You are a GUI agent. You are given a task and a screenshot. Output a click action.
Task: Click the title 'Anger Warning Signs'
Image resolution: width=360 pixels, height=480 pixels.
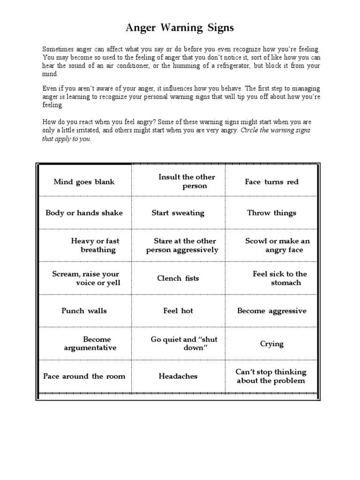click(180, 28)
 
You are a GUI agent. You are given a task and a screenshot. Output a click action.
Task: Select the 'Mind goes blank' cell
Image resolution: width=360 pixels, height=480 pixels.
click(84, 182)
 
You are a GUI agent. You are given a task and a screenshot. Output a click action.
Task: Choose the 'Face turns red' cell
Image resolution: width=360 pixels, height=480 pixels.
click(271, 182)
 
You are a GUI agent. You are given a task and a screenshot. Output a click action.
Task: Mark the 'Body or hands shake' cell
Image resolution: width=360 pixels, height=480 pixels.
click(84, 213)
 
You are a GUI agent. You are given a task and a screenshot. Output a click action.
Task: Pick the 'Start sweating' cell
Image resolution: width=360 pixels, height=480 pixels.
click(178, 213)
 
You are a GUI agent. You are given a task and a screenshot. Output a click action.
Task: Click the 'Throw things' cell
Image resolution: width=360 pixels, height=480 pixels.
click(271, 213)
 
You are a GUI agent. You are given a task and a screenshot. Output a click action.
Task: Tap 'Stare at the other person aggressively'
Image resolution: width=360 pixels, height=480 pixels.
click(182, 245)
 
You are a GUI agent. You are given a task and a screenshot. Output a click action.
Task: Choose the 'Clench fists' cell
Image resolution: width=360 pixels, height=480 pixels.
click(178, 278)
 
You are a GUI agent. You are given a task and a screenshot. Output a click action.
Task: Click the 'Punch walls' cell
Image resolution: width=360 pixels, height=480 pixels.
click(84, 311)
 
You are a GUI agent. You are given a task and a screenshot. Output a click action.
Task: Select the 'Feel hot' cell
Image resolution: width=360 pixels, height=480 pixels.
click(178, 311)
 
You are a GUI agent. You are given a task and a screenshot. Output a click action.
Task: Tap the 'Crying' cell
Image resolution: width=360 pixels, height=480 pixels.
click(271, 344)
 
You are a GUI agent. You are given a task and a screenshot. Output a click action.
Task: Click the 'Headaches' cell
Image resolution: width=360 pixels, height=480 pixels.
click(178, 376)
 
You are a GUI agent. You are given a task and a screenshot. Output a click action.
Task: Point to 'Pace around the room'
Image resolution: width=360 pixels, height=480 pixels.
click(84, 376)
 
